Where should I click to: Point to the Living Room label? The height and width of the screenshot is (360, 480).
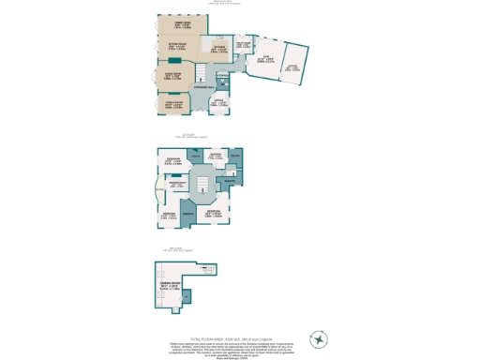[172, 76]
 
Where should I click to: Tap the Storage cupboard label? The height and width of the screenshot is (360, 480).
[222, 76]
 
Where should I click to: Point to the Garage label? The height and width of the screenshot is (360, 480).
[294, 68]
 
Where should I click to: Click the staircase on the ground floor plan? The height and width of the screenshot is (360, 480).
[202, 72]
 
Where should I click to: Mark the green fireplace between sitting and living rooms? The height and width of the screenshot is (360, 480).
[175, 62]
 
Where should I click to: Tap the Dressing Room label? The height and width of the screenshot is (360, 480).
[179, 184]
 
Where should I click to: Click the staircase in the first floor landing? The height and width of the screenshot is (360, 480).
[202, 184]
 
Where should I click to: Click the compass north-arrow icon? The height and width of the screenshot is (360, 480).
[321, 338]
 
